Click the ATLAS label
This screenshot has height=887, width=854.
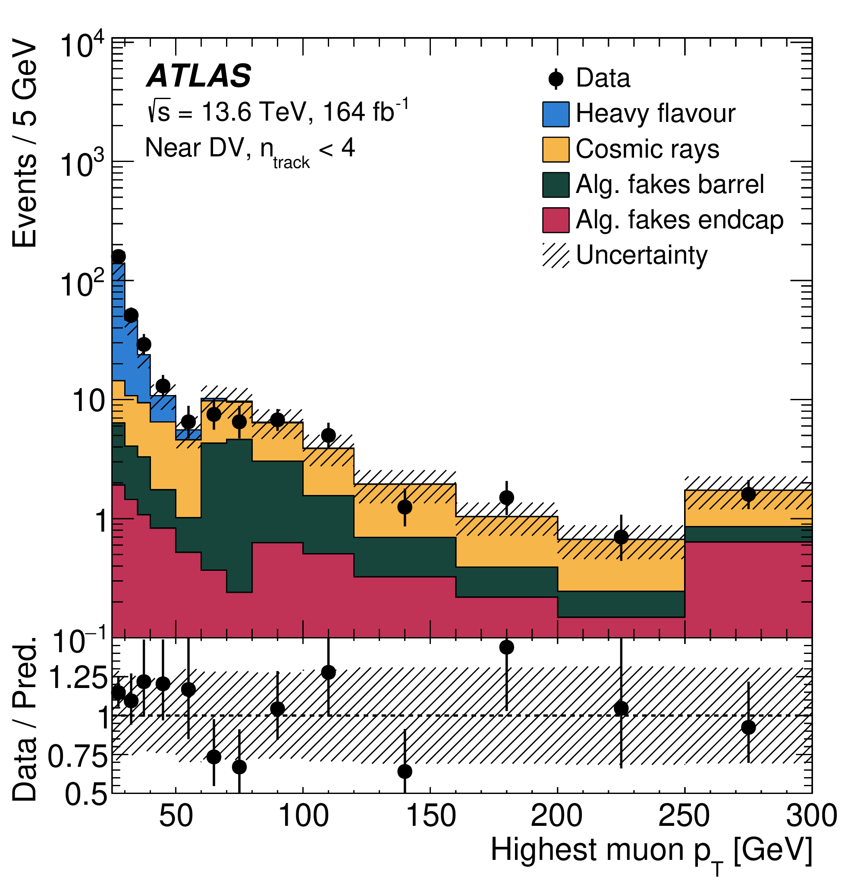point(198,75)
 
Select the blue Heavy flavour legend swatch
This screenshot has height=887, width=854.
point(556,114)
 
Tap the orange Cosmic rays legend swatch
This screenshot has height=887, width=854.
point(556,149)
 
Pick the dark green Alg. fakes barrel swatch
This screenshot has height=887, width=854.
point(556,185)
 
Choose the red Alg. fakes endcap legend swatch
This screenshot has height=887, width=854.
point(556,220)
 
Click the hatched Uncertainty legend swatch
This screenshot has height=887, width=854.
point(556,255)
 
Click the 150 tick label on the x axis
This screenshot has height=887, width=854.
point(431,815)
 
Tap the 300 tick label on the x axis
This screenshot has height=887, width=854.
point(811,815)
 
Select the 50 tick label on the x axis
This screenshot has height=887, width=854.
point(176,815)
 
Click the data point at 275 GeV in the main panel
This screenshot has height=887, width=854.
point(748,494)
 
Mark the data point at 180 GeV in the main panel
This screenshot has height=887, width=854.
point(506,498)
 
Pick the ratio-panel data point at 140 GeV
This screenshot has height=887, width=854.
point(405,771)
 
